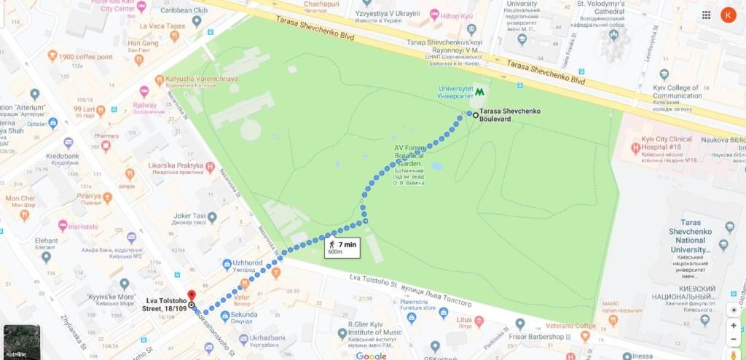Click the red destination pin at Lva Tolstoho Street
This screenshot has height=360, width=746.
(x=191, y=296)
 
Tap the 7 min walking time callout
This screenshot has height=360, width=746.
(x=342, y=248)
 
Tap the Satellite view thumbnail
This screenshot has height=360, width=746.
(x=21, y=341)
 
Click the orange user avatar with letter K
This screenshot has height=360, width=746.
(x=728, y=15)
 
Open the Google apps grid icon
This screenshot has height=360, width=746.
(x=706, y=15)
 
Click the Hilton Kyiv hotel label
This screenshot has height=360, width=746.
(x=458, y=15)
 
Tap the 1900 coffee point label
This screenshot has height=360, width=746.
(x=85, y=57)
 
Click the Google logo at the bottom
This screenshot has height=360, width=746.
(x=371, y=355)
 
